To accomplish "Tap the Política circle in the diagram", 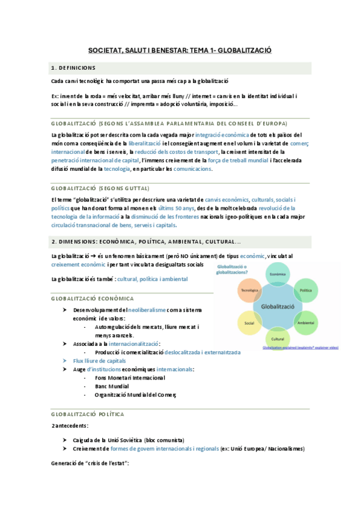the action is pyautogui.click(x=305, y=289).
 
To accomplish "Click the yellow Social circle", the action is pyautogui.click(x=249, y=323).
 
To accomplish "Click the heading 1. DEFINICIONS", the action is pyautogui.click(x=79, y=68).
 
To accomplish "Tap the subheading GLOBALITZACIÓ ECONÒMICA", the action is pyautogui.click(x=93, y=299).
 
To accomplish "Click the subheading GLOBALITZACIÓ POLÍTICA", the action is pyautogui.click(x=88, y=414).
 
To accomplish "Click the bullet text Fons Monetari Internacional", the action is pyautogui.click(x=129, y=378).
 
